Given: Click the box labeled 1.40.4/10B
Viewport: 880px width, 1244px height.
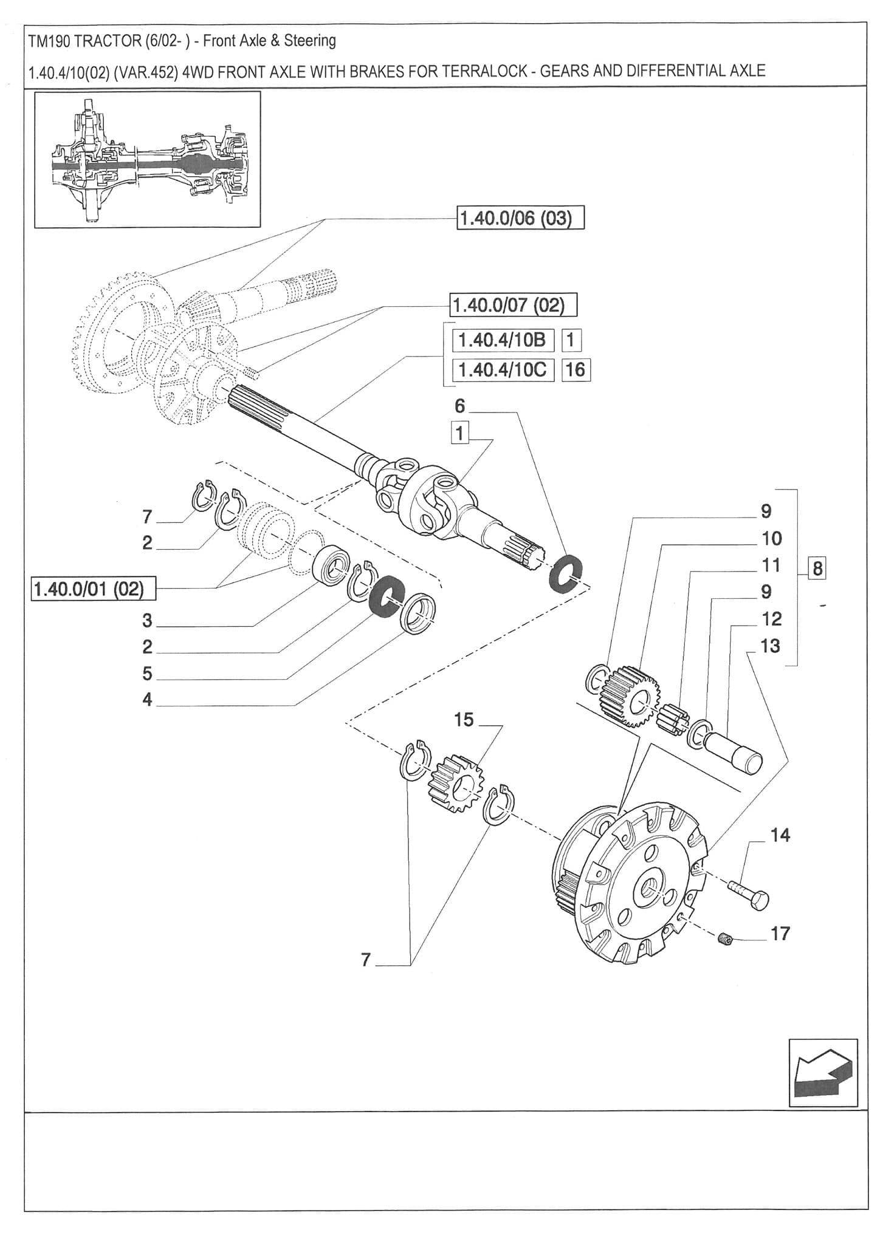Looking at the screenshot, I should (x=503, y=340).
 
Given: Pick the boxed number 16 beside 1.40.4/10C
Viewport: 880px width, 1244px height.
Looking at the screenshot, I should (x=575, y=369).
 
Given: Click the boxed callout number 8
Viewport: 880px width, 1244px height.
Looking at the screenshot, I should (x=817, y=569).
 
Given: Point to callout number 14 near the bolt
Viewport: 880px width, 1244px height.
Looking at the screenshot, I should (x=780, y=836).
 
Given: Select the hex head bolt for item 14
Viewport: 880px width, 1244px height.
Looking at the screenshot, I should (x=749, y=895).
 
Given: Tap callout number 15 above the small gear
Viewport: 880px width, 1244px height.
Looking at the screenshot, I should (x=463, y=720).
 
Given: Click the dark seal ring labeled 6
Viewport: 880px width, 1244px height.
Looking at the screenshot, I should (x=566, y=572).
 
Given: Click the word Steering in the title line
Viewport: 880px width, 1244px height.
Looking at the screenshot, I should (x=310, y=41).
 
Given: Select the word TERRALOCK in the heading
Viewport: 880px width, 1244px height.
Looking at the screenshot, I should (x=484, y=71).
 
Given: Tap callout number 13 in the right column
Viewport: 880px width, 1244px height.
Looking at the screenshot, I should (x=769, y=646).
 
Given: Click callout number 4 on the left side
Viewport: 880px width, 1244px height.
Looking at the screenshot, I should (x=147, y=700).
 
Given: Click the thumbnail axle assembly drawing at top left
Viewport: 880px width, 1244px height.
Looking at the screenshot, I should (x=148, y=160).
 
